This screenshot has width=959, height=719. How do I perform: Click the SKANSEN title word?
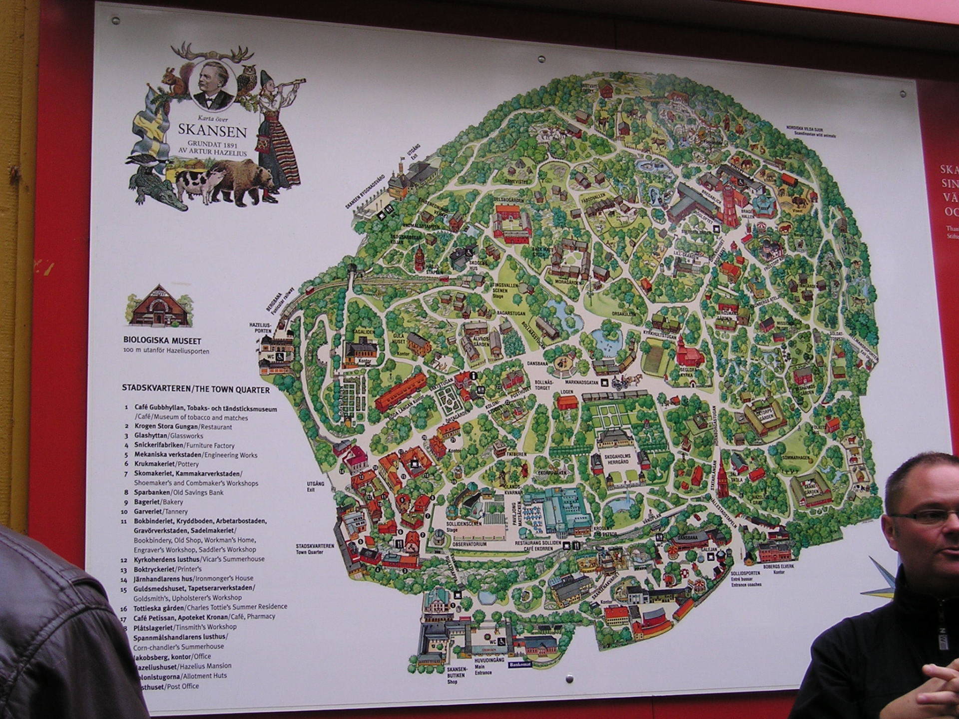click(213, 131)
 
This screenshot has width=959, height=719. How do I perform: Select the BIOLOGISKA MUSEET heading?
click(162, 341)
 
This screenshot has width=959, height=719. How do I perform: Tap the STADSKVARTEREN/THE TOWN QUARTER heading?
click(196, 390)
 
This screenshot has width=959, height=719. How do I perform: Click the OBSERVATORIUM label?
click(470, 544)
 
